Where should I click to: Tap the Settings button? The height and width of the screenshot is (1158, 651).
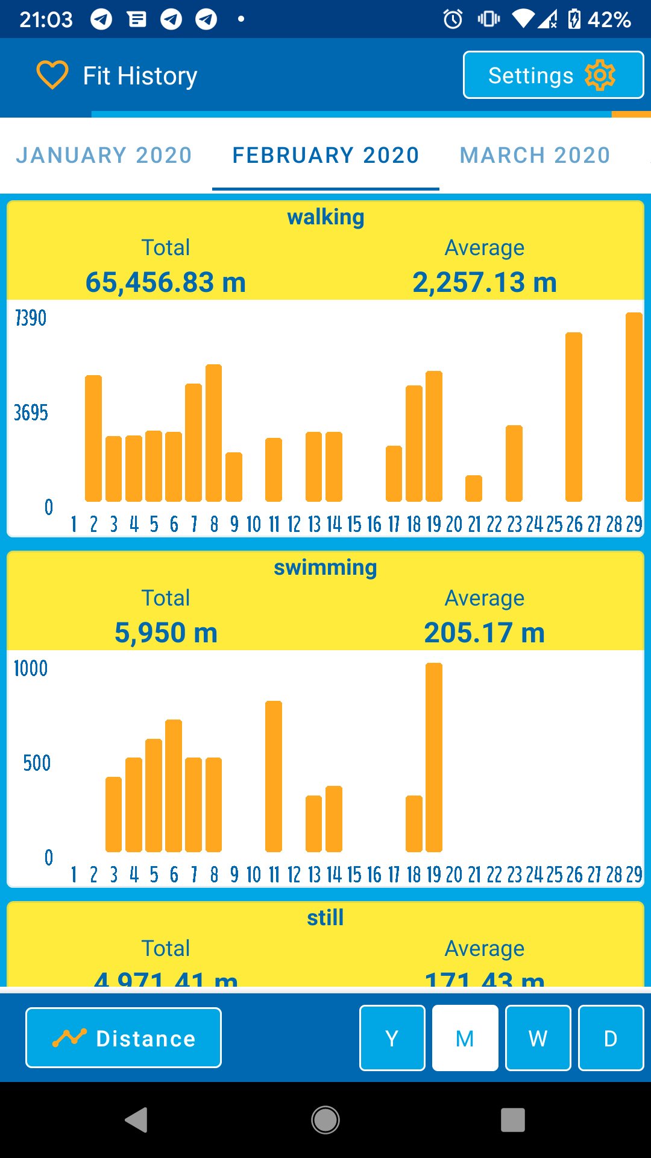(x=553, y=75)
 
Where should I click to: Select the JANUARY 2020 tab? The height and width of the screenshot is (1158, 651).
(x=104, y=155)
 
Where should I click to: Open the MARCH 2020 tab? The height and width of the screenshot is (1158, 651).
(x=535, y=155)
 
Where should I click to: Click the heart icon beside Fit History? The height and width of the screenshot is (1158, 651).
(x=52, y=75)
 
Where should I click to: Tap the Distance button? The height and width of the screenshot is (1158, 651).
(x=124, y=1038)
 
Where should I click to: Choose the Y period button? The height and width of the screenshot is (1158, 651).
(x=392, y=1038)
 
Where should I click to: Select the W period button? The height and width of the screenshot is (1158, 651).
(x=538, y=1038)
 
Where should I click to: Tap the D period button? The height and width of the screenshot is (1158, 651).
(x=611, y=1038)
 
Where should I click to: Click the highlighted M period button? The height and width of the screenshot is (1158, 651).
(x=465, y=1038)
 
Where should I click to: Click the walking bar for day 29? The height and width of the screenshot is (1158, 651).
(x=634, y=407)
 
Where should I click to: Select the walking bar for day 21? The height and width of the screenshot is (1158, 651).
(x=474, y=489)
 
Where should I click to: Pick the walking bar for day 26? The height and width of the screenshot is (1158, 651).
(x=574, y=417)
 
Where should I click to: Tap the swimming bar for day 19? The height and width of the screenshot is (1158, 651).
(x=434, y=757)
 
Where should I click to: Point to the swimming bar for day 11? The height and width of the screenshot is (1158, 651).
(x=274, y=776)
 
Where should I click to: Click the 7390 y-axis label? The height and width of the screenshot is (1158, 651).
(x=31, y=318)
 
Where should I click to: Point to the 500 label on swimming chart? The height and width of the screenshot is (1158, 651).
(x=37, y=763)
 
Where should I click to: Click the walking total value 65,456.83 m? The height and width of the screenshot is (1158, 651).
(x=166, y=282)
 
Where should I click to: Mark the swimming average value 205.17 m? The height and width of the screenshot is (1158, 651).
(x=484, y=633)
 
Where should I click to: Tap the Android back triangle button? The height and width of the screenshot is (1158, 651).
(x=137, y=1120)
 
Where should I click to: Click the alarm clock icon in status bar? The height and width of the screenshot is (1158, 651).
(x=453, y=19)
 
